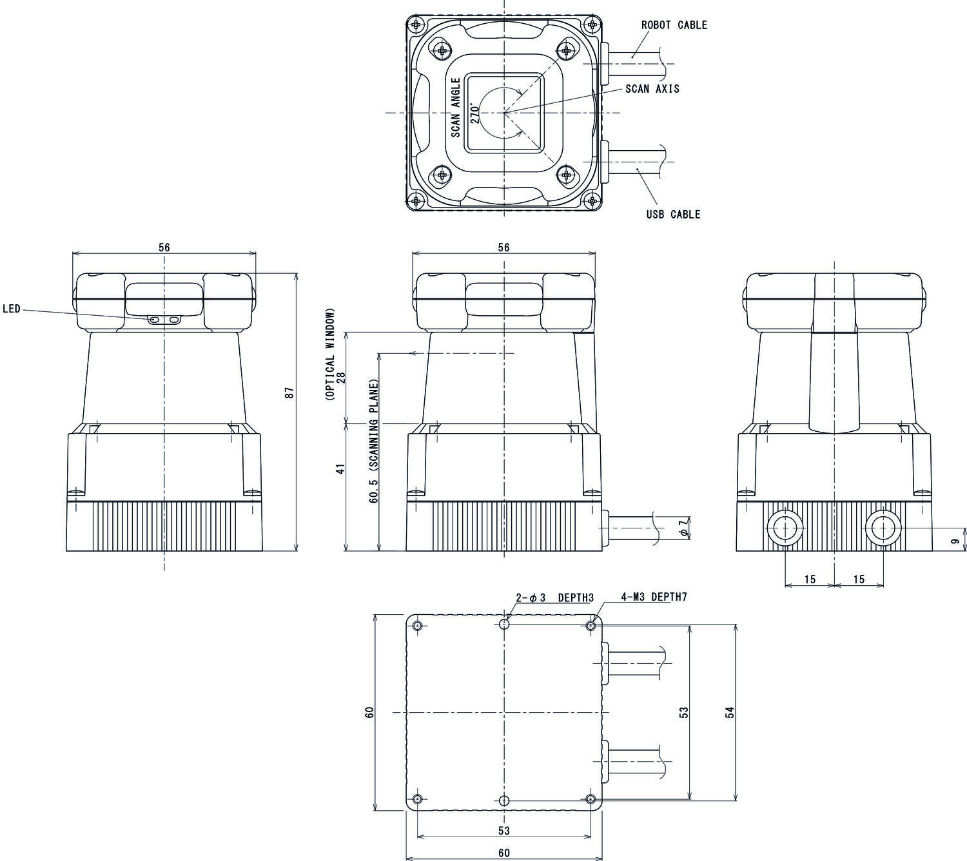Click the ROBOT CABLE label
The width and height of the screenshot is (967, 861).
click(x=674, y=25)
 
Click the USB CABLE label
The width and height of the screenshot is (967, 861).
click(x=672, y=215)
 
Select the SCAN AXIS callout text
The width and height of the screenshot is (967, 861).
click(x=652, y=89)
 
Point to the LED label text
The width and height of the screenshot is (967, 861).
click(x=12, y=309)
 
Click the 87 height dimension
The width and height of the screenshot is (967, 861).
click(x=289, y=392)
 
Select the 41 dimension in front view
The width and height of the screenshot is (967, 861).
click(x=342, y=468)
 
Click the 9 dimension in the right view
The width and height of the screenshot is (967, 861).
click(x=955, y=542)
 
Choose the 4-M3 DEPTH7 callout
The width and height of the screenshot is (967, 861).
click(x=654, y=597)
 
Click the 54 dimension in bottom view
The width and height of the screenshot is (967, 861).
click(x=730, y=712)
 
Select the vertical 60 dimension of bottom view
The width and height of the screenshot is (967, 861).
click(x=369, y=712)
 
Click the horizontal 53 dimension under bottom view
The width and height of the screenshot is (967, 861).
click(x=504, y=830)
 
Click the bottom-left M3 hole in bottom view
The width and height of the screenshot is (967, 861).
click(x=418, y=799)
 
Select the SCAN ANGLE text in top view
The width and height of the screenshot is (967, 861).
click(x=455, y=108)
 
